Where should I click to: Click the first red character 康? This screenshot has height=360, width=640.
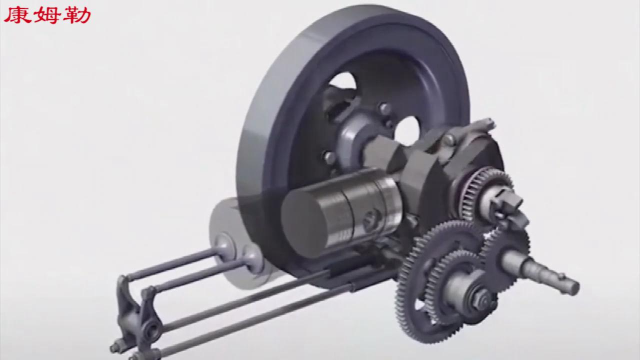pyautogui.click(x=16, y=16)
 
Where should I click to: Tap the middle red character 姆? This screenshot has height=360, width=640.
pyautogui.click(x=46, y=16)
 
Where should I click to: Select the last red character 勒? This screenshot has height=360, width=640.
pyautogui.click(x=76, y=16)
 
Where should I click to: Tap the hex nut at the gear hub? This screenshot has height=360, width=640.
pyautogui.click(x=480, y=299)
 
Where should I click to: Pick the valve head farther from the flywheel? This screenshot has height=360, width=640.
pyautogui.click(x=224, y=246)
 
